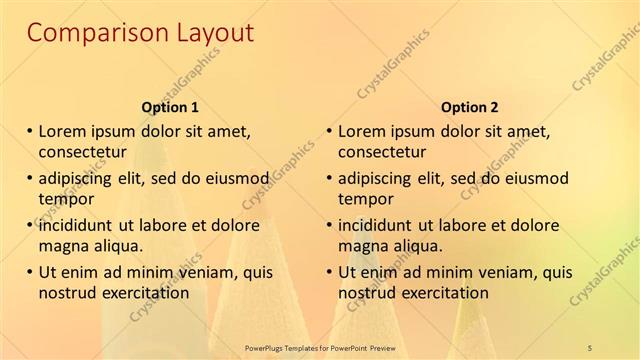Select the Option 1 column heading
pyautogui.click(x=171, y=107)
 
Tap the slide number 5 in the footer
pyautogui.click(x=590, y=347)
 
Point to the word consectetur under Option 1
pyautogui.click(x=81, y=152)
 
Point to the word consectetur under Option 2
pyautogui.click(x=381, y=152)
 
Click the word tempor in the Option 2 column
pyautogui.click(x=365, y=199)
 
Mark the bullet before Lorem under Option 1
pyautogui.click(x=30, y=131)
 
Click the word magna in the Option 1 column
pyautogui.click(x=62, y=246)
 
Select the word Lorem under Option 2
pyautogui.click(x=361, y=131)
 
